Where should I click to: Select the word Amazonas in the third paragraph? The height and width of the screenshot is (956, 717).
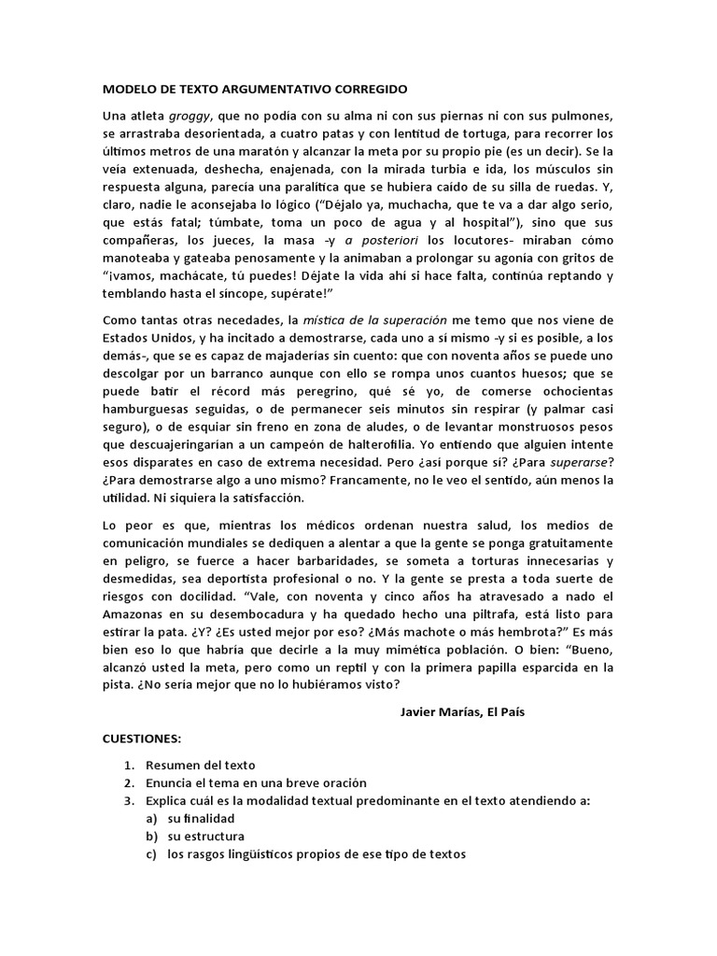point(138,614)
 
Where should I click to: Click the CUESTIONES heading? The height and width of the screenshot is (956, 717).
point(141,738)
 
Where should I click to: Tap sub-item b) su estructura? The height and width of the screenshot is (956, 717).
point(205,836)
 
